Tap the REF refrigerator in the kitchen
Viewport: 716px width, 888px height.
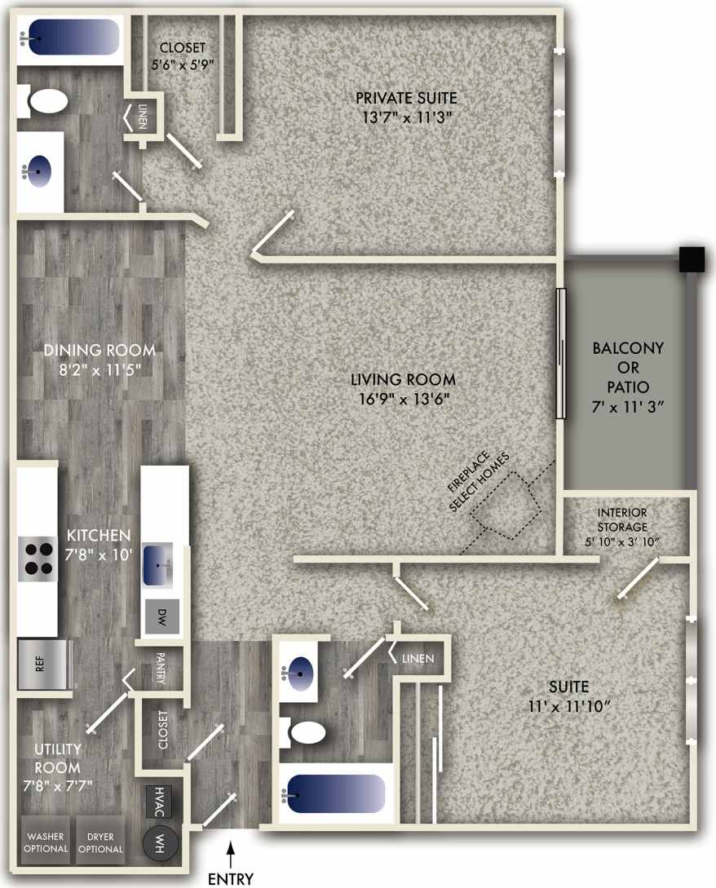[40, 664]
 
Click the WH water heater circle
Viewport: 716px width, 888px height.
[159, 842]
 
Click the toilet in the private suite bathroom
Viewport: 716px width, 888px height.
[47, 102]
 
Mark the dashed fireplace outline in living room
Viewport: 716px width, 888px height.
[506, 506]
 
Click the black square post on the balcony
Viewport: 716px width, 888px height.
[692, 259]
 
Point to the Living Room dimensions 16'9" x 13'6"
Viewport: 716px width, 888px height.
[402, 399]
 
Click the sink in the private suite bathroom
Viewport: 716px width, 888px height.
[39, 171]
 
